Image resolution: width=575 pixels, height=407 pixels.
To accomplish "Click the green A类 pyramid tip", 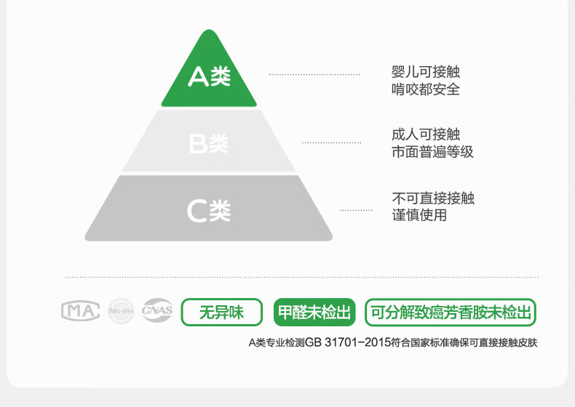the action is click(x=209, y=76).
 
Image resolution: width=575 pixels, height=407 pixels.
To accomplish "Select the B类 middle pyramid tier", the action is click(x=209, y=143).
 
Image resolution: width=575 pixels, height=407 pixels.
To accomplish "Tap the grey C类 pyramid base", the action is click(x=209, y=211).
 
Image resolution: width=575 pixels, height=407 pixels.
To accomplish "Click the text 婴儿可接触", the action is click(x=426, y=73).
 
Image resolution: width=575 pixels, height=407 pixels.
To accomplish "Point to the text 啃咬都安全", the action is click(x=426, y=89).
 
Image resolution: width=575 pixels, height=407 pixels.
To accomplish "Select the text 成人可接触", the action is click(x=426, y=134).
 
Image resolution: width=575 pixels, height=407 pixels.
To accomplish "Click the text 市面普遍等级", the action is click(x=432, y=152).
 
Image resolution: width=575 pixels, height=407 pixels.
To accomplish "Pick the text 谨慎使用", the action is click(x=419, y=215).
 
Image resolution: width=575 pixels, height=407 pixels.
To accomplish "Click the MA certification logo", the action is click(x=80, y=311).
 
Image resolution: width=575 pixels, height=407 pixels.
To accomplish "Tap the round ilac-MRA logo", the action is click(x=122, y=311).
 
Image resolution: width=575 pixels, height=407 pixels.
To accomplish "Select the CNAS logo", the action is click(x=157, y=311).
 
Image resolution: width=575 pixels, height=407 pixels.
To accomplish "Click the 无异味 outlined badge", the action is click(x=222, y=313).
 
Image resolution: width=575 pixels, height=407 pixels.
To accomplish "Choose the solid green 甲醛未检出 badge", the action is click(x=314, y=313).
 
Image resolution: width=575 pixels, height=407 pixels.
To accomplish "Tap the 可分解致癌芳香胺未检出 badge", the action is click(x=450, y=313).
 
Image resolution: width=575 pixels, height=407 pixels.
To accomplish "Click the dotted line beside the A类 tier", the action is click(x=314, y=75).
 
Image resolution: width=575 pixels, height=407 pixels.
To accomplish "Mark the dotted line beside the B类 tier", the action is click(x=331, y=142).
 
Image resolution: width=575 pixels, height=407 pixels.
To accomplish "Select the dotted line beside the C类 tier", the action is click(x=355, y=210).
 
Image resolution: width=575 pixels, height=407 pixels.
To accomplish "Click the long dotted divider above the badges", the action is click(x=301, y=278).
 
